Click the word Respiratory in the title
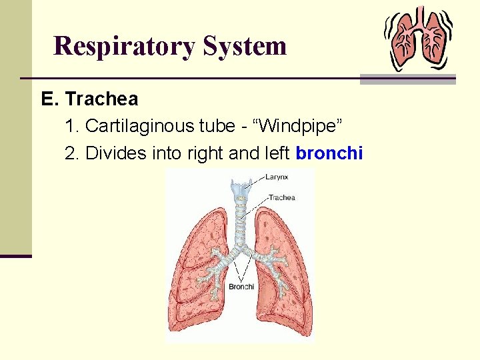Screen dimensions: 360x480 coord(125,47)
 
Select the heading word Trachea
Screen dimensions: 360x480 coord(103,99)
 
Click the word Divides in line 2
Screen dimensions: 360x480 coord(109,153)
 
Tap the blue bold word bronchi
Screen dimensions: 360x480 coord(329,153)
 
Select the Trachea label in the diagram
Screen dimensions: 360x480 coord(282,197)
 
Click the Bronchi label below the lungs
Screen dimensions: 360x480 coord(241,287)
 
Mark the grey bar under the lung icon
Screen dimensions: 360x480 coord(408,79)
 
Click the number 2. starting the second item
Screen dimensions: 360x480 coord(73,153)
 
